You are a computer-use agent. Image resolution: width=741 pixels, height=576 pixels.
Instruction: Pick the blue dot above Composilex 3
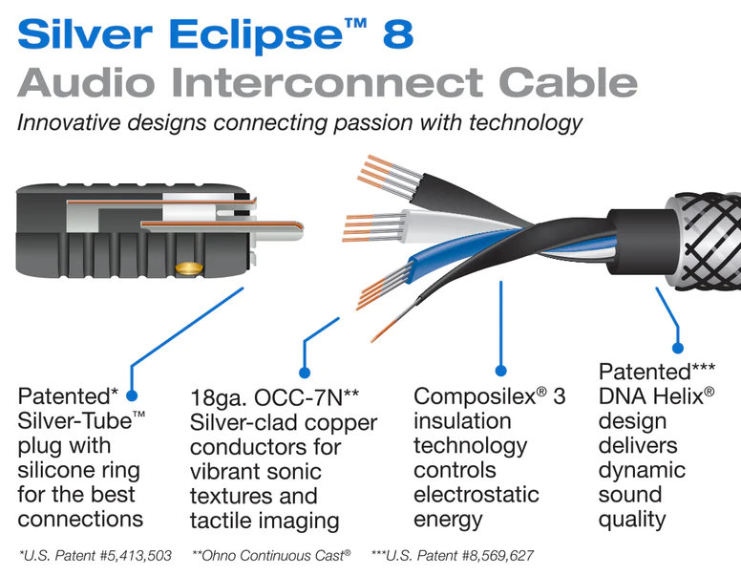pos(501,371)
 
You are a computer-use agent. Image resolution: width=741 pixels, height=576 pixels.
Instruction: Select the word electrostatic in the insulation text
pos(476,495)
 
